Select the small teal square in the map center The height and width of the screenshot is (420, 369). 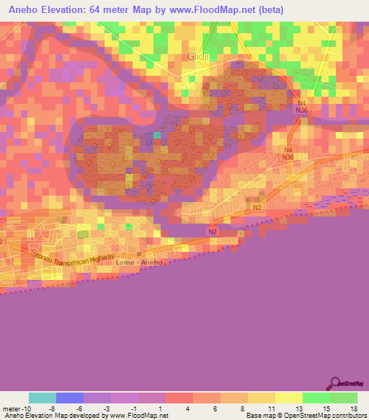[x=158, y=135]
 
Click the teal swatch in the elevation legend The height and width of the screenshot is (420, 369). [x=43, y=398]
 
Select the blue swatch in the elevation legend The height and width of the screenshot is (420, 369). [x=70, y=398]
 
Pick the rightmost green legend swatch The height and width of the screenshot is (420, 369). [x=344, y=398]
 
